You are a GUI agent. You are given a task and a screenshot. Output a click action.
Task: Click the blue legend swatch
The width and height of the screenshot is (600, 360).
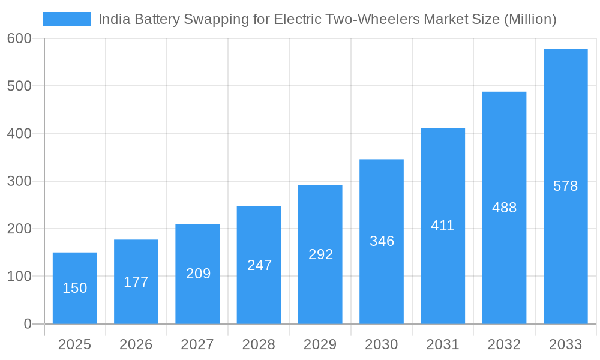click(x=67, y=19)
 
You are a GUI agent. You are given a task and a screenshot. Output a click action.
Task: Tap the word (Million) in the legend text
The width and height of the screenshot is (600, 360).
click(x=530, y=19)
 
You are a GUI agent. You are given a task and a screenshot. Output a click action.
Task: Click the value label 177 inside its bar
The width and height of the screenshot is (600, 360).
click(x=136, y=282)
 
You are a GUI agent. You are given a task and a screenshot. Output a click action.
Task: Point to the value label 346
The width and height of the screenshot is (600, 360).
click(x=382, y=241)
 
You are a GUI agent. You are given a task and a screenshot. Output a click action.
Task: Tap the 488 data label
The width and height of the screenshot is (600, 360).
click(x=504, y=208)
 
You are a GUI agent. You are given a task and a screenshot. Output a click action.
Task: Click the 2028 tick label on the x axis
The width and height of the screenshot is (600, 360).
click(x=259, y=344)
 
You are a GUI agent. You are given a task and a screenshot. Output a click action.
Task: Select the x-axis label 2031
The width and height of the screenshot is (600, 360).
click(x=443, y=344)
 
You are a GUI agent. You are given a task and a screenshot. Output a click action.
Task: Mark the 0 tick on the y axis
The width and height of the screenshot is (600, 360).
click(x=27, y=324)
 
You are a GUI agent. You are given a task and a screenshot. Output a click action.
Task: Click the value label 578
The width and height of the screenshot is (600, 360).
click(x=565, y=186)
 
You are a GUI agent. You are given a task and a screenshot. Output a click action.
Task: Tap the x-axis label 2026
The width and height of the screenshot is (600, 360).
click(x=136, y=344)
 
